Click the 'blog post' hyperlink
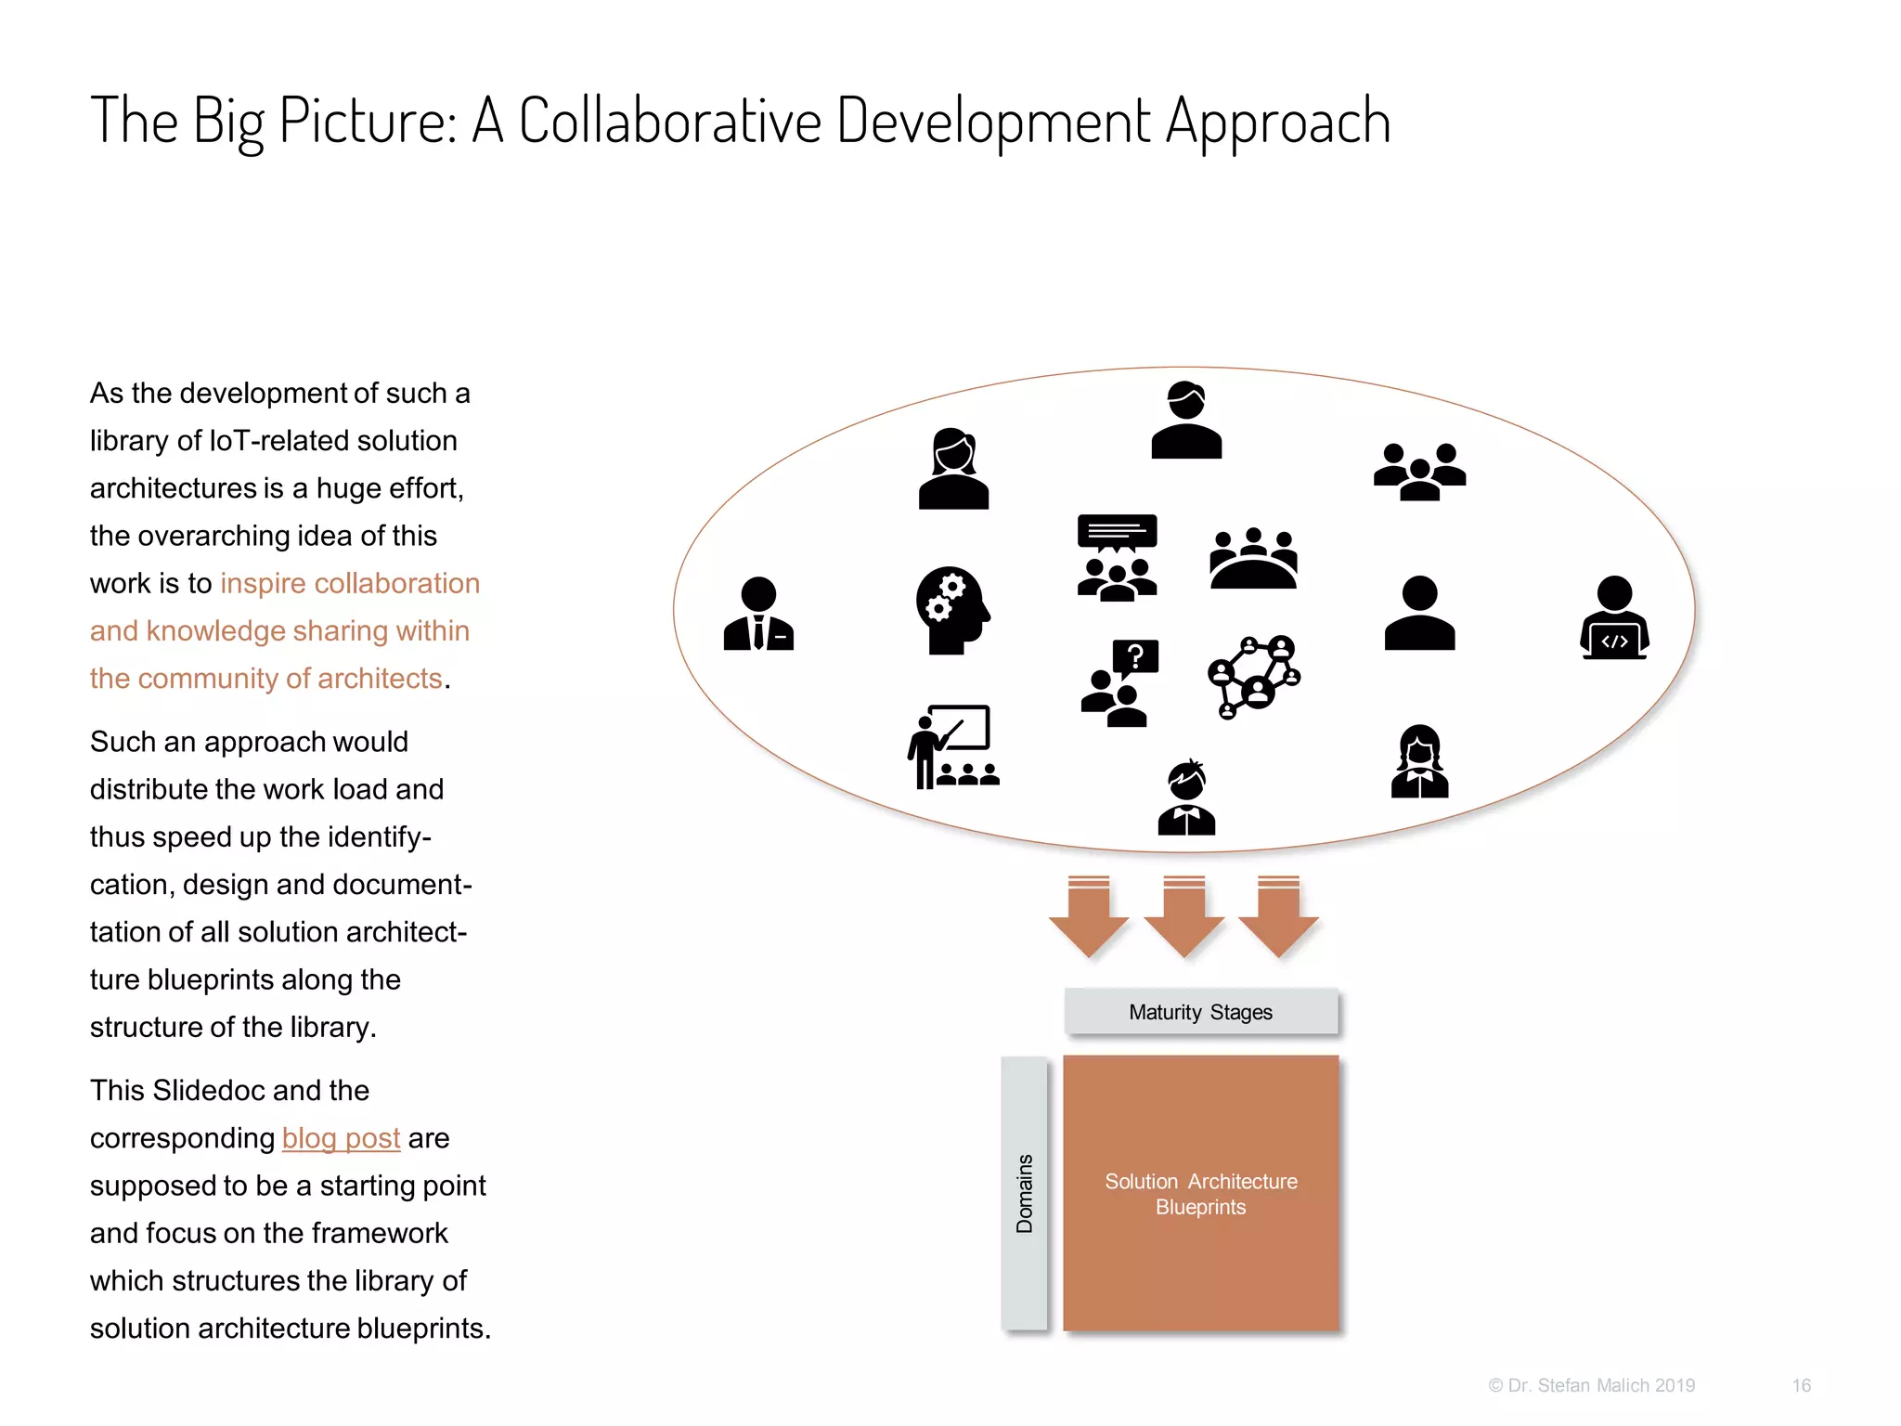point(341,1138)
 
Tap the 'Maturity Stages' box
point(1200,1012)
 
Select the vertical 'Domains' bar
point(1025,1194)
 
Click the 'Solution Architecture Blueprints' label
point(1200,1194)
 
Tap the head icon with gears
point(951,610)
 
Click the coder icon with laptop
point(1614,618)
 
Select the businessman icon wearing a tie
point(758,614)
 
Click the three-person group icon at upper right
point(1419,472)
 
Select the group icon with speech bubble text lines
point(1117,557)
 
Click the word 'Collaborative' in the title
point(670,122)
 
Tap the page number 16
point(1801,1385)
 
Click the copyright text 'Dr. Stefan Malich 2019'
point(1600,1385)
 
